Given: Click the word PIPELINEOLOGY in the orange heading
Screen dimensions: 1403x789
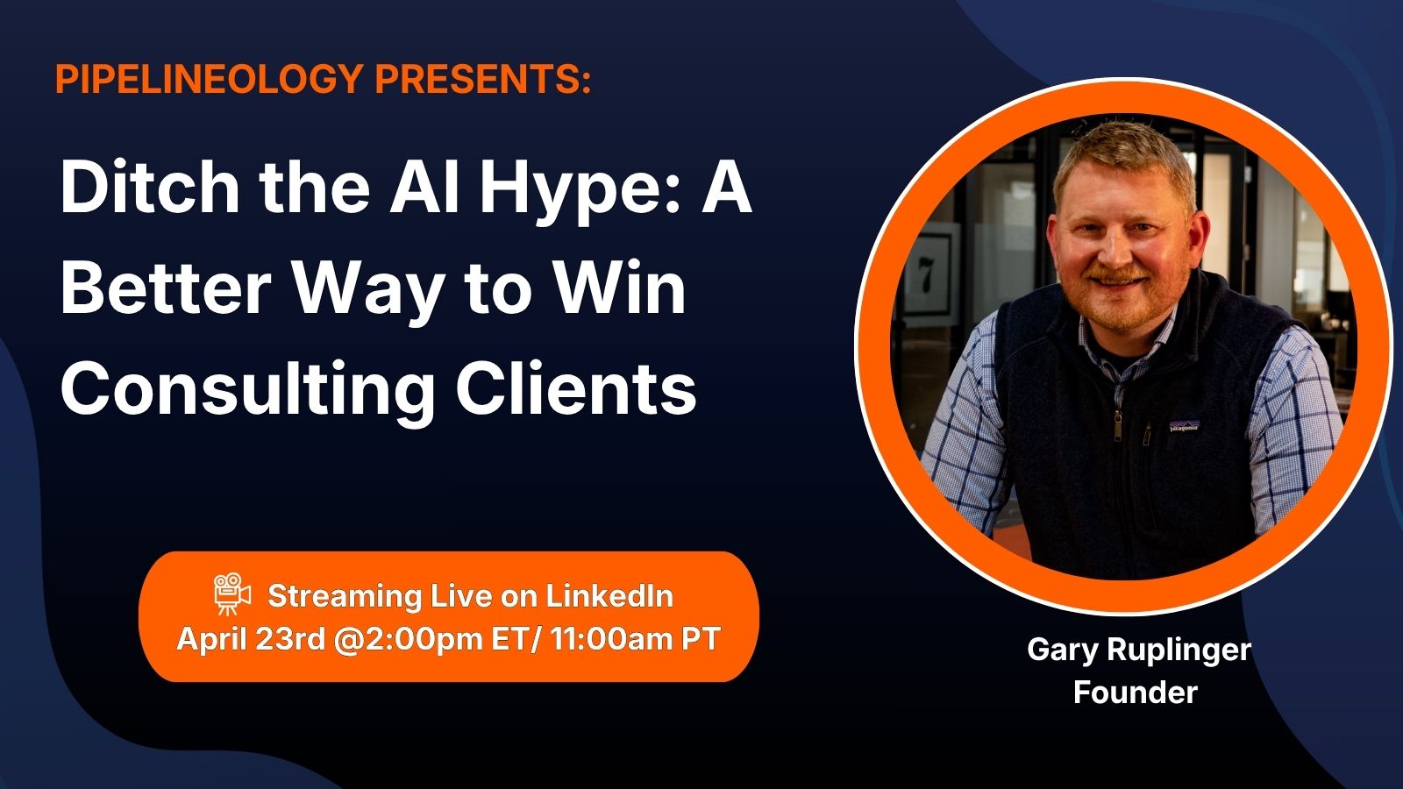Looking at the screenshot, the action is point(210,79).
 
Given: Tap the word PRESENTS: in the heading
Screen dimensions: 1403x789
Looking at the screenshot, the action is point(483,79).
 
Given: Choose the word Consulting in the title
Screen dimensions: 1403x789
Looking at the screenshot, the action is point(248,389).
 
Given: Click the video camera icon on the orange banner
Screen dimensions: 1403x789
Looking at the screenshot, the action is point(231,594).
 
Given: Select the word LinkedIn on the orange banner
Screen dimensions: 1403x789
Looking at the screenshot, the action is point(609,595).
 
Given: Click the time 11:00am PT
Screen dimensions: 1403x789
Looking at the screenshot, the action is point(635,639).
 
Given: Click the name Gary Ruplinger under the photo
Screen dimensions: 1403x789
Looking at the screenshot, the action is point(1139,650).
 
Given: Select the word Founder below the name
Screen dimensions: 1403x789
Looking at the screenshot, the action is point(1135,693).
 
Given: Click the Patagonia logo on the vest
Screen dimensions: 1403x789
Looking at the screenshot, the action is point(1183,426).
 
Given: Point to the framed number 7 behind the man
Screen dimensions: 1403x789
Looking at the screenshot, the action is point(926,275).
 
